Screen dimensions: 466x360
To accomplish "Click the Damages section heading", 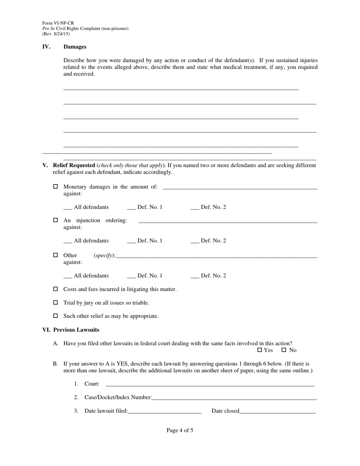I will point(75,47).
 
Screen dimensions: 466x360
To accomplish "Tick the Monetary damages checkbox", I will point(56,186).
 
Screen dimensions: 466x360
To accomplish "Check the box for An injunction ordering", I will point(56,220).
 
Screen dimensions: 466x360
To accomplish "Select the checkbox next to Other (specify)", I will point(56,255).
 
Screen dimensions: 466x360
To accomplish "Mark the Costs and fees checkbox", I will point(56,289).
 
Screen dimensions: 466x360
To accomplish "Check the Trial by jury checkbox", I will point(56,303).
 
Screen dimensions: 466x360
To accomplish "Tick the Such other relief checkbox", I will point(56,316).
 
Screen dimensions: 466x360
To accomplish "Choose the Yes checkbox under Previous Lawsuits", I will point(260,350).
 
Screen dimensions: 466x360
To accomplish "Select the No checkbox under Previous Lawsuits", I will point(284,350).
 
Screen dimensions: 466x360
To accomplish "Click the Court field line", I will point(210,384).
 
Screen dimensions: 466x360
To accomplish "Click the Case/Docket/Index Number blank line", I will point(234,398).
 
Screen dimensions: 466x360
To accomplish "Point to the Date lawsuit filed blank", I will point(164,411).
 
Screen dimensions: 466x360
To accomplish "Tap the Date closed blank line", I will point(277,411).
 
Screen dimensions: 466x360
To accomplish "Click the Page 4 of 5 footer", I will point(180,430).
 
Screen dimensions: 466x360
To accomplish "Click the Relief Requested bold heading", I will point(74,165).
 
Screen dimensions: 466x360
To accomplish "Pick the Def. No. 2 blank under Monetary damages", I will point(195,208).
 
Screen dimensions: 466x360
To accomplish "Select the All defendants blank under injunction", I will point(68,241).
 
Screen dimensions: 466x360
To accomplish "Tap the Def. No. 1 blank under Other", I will point(131,276).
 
